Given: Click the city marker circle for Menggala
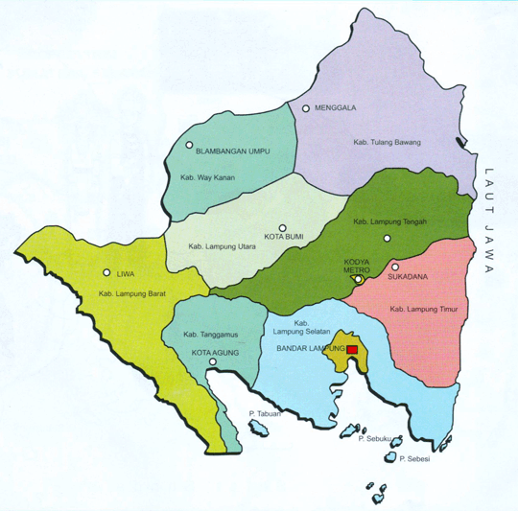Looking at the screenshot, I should [307, 108].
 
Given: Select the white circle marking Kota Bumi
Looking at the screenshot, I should [283, 227].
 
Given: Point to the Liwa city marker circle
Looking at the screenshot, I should [106, 272].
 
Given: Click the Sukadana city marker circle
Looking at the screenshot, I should [394, 267].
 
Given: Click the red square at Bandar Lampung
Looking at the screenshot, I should [352, 350].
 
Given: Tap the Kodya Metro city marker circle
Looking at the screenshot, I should [357, 281].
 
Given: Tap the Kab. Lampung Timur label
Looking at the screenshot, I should [422, 309].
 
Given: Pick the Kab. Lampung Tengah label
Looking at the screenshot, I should [390, 221].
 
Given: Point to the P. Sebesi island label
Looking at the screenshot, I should [417, 459].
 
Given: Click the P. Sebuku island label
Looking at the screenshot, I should [376, 439].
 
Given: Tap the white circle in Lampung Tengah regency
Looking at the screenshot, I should [387, 238].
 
